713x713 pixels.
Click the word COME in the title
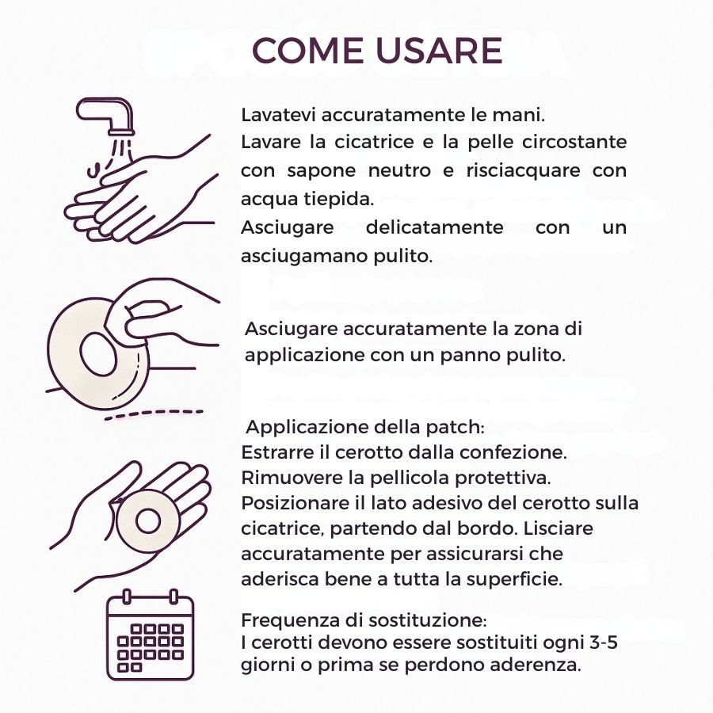[308, 50]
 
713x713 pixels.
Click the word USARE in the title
[439, 50]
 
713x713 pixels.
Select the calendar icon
[150, 635]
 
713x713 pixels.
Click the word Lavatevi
[278, 115]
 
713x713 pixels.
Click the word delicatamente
[434, 227]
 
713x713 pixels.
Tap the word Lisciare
[558, 528]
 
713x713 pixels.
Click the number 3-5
[604, 642]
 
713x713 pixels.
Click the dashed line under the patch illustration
[154, 414]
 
